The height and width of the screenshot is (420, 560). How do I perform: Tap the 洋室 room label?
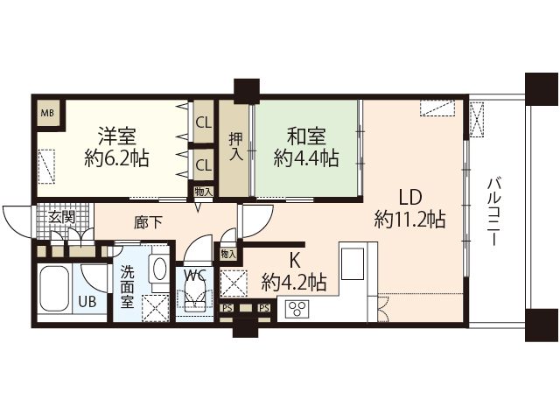tap(116, 136)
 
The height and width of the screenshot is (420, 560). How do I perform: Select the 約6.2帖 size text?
tap(116, 159)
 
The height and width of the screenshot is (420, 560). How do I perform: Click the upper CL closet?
tap(203, 123)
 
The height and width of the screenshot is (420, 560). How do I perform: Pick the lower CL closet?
tap(203, 164)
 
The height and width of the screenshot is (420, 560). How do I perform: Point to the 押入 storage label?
tap(234, 145)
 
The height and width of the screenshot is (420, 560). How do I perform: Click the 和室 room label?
tap(305, 136)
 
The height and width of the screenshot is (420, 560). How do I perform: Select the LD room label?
tap(410, 196)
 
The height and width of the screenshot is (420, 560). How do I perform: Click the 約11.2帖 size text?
tap(409, 219)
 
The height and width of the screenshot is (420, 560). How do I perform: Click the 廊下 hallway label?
tap(148, 223)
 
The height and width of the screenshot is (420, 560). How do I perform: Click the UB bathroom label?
tap(87, 302)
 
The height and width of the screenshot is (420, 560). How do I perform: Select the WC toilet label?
tap(194, 275)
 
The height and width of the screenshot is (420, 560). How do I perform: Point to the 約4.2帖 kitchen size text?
tap(294, 282)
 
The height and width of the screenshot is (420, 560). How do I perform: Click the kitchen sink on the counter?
tap(356, 262)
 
